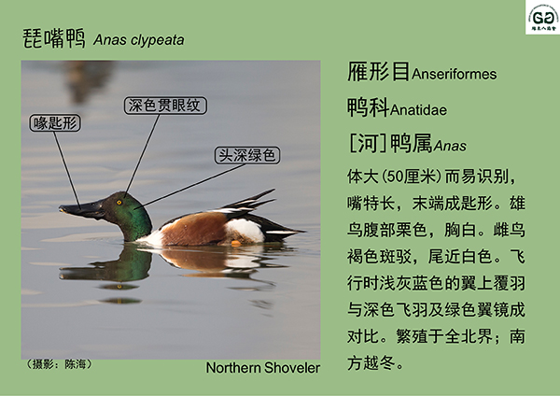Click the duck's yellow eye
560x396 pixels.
point(119,203)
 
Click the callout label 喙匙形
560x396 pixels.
point(55,123)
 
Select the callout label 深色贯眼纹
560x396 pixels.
point(165,106)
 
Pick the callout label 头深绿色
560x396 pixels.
point(247,155)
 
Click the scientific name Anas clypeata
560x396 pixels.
point(138,39)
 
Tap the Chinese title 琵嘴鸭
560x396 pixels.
point(54,38)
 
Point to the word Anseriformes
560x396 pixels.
point(454,74)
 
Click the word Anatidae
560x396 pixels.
point(418,109)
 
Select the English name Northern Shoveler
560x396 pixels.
point(263,368)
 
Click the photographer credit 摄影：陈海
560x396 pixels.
point(60,364)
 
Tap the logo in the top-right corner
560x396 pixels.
point(542,18)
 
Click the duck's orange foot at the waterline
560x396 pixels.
point(236,244)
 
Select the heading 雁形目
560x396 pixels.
point(379,72)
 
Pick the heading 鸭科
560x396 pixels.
point(369,107)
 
